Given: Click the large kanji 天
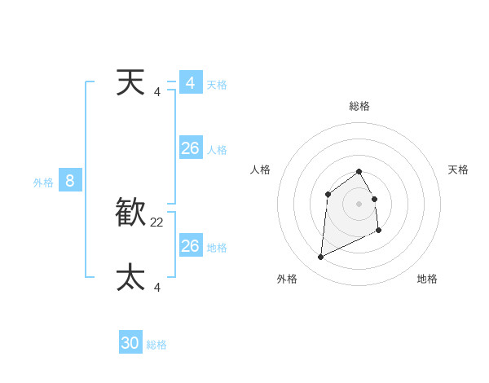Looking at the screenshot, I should click(130, 82).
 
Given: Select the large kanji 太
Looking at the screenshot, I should click(130, 277).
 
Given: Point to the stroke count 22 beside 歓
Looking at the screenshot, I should click(157, 222).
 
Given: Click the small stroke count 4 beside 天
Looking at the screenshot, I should click(157, 91).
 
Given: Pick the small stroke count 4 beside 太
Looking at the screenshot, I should click(157, 286).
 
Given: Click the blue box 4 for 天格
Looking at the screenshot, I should click(191, 83).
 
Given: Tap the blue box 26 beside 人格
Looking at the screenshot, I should click(191, 148).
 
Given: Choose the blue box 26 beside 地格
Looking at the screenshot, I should click(191, 245).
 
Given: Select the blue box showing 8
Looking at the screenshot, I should click(70, 181).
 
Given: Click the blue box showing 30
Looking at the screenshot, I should click(130, 343).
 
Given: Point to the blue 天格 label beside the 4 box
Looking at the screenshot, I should click(217, 85).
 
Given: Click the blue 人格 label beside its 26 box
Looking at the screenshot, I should click(217, 150).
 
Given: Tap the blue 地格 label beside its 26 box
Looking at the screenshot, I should click(217, 247).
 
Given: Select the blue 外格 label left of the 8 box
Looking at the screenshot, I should click(43, 183).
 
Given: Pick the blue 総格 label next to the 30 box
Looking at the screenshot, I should click(156, 345).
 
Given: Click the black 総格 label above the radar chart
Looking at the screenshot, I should click(359, 106).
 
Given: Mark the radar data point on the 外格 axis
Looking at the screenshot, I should click(320, 258).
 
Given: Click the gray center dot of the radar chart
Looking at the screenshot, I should click(359, 204).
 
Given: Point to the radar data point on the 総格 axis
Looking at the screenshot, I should click(359, 171).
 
